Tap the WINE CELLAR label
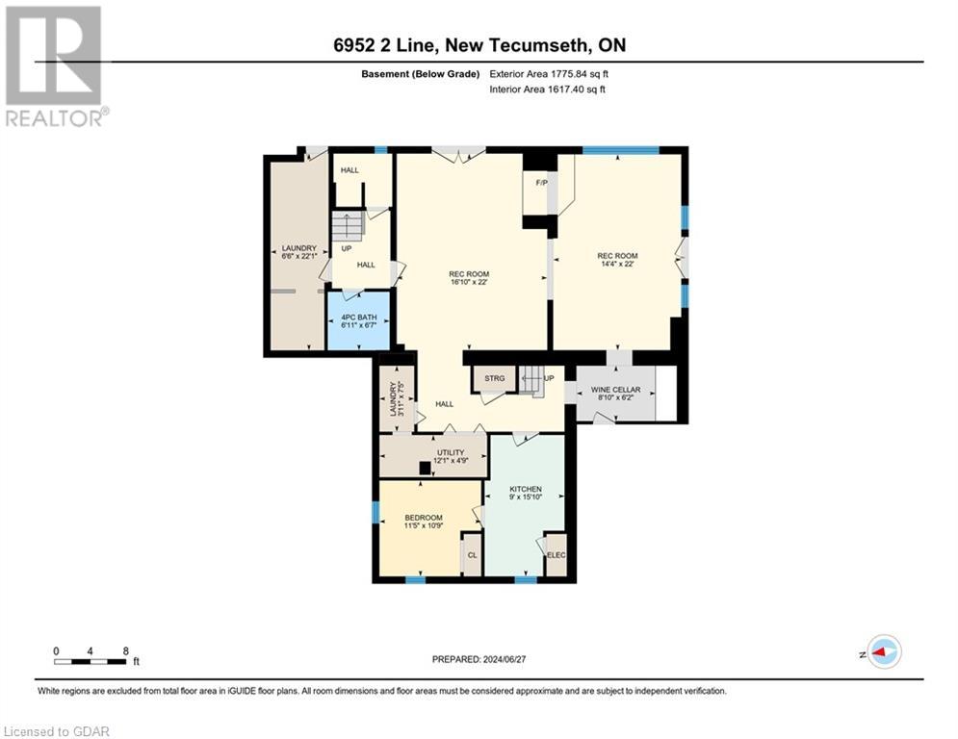(x=616, y=390)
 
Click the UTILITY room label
(x=450, y=452)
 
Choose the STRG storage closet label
(x=495, y=378)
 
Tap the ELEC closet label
(x=556, y=556)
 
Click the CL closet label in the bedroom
(x=472, y=556)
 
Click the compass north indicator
(x=883, y=652)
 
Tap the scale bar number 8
(x=125, y=650)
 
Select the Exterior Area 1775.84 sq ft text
(x=549, y=73)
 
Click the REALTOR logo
(x=54, y=65)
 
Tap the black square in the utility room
(x=425, y=469)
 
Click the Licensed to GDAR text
(x=56, y=731)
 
